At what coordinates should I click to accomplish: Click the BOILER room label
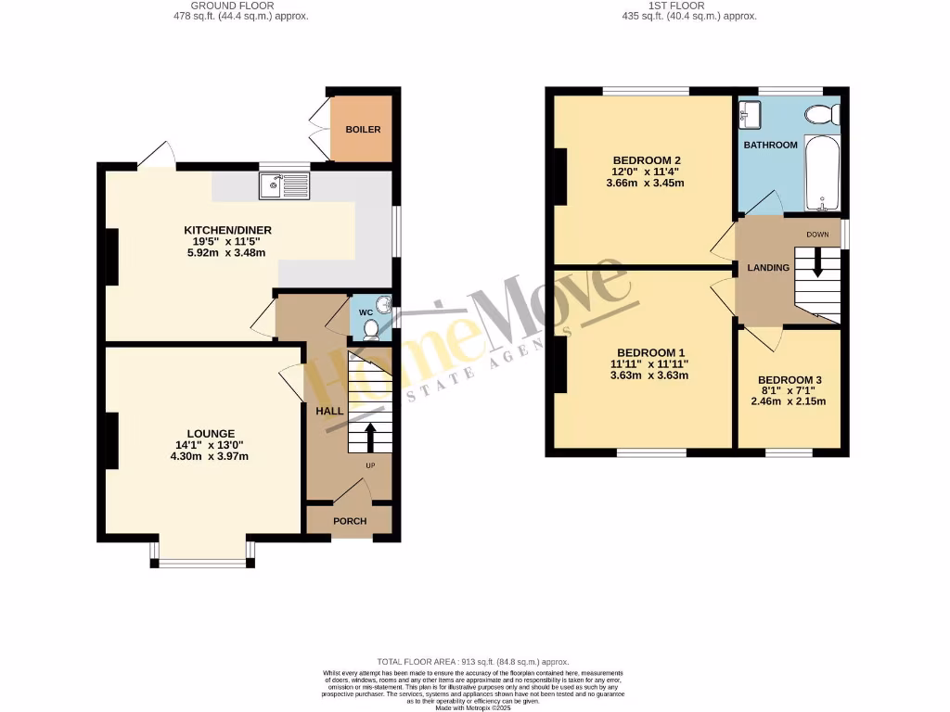click(x=363, y=130)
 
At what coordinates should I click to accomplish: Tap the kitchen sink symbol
click(x=284, y=186)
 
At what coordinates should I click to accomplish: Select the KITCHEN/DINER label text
click(x=226, y=230)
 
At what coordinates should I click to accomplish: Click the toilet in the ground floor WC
click(x=371, y=328)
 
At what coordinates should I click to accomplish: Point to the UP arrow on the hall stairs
click(x=370, y=436)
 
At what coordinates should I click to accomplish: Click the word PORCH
click(x=350, y=521)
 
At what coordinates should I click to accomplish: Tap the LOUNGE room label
click(x=211, y=433)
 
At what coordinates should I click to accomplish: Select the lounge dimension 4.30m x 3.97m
click(x=211, y=455)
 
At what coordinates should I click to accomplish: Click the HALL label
click(x=329, y=411)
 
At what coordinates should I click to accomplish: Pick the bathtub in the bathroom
click(x=823, y=174)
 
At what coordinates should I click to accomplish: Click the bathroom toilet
click(x=822, y=114)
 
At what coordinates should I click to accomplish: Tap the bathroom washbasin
click(x=750, y=115)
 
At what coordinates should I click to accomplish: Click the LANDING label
click(x=768, y=268)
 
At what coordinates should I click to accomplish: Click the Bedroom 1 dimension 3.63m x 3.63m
click(x=649, y=375)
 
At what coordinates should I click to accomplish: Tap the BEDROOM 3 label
click(x=790, y=380)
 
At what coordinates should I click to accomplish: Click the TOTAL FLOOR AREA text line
click(x=473, y=661)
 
